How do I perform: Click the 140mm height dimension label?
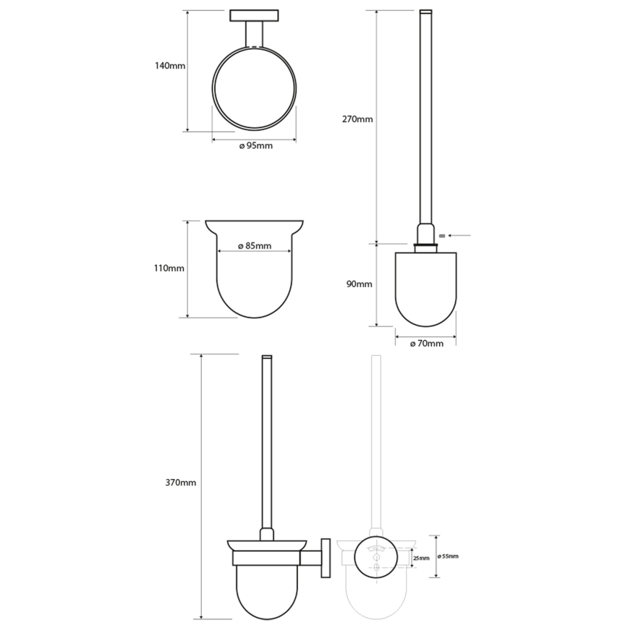170,66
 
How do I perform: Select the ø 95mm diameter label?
255,146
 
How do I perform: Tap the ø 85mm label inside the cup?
254,246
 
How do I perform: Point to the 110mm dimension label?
170,268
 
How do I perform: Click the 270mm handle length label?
358,119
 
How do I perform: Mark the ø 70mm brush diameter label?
426,344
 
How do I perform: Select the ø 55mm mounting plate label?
449,556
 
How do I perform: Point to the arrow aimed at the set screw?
460,234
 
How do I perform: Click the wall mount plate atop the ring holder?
254,15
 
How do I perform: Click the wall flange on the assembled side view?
326,556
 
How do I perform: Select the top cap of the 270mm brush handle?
426,12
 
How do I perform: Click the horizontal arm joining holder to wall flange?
313,558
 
